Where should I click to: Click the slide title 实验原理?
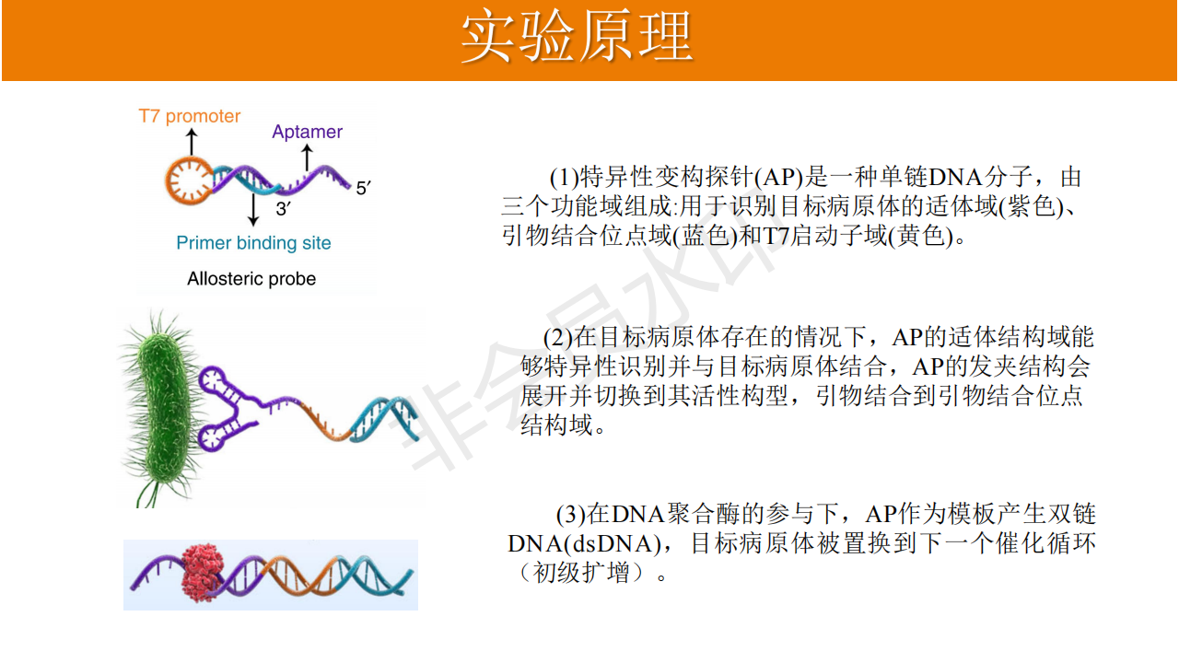[x=577, y=37]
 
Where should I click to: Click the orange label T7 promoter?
[x=190, y=116]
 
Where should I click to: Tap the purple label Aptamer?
[x=307, y=132]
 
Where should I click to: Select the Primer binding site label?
[x=253, y=242]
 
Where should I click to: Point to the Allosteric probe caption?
[x=251, y=278]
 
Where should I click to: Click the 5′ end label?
[x=363, y=188]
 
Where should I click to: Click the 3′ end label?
[x=283, y=209]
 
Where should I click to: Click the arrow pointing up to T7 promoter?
[x=192, y=142]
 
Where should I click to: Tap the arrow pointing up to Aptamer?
[x=307, y=157]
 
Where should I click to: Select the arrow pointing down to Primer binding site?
[x=253, y=209]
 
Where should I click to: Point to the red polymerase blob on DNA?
[x=202, y=573]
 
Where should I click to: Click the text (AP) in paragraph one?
[x=778, y=177]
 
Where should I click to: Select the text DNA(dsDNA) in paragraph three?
[x=584, y=543]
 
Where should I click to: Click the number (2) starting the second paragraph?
[x=558, y=337]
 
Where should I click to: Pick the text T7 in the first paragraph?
[x=776, y=235]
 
